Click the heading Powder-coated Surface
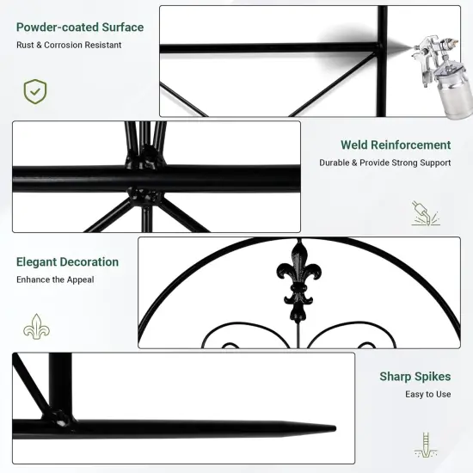coord(80,27)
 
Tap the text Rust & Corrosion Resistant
coord(68,45)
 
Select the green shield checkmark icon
coord(35,91)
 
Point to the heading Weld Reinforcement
coord(396,145)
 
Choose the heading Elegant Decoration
coord(68,261)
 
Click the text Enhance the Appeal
coord(55,279)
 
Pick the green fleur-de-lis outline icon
coord(35,327)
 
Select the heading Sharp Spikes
coord(415,377)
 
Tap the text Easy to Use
coord(428,395)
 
